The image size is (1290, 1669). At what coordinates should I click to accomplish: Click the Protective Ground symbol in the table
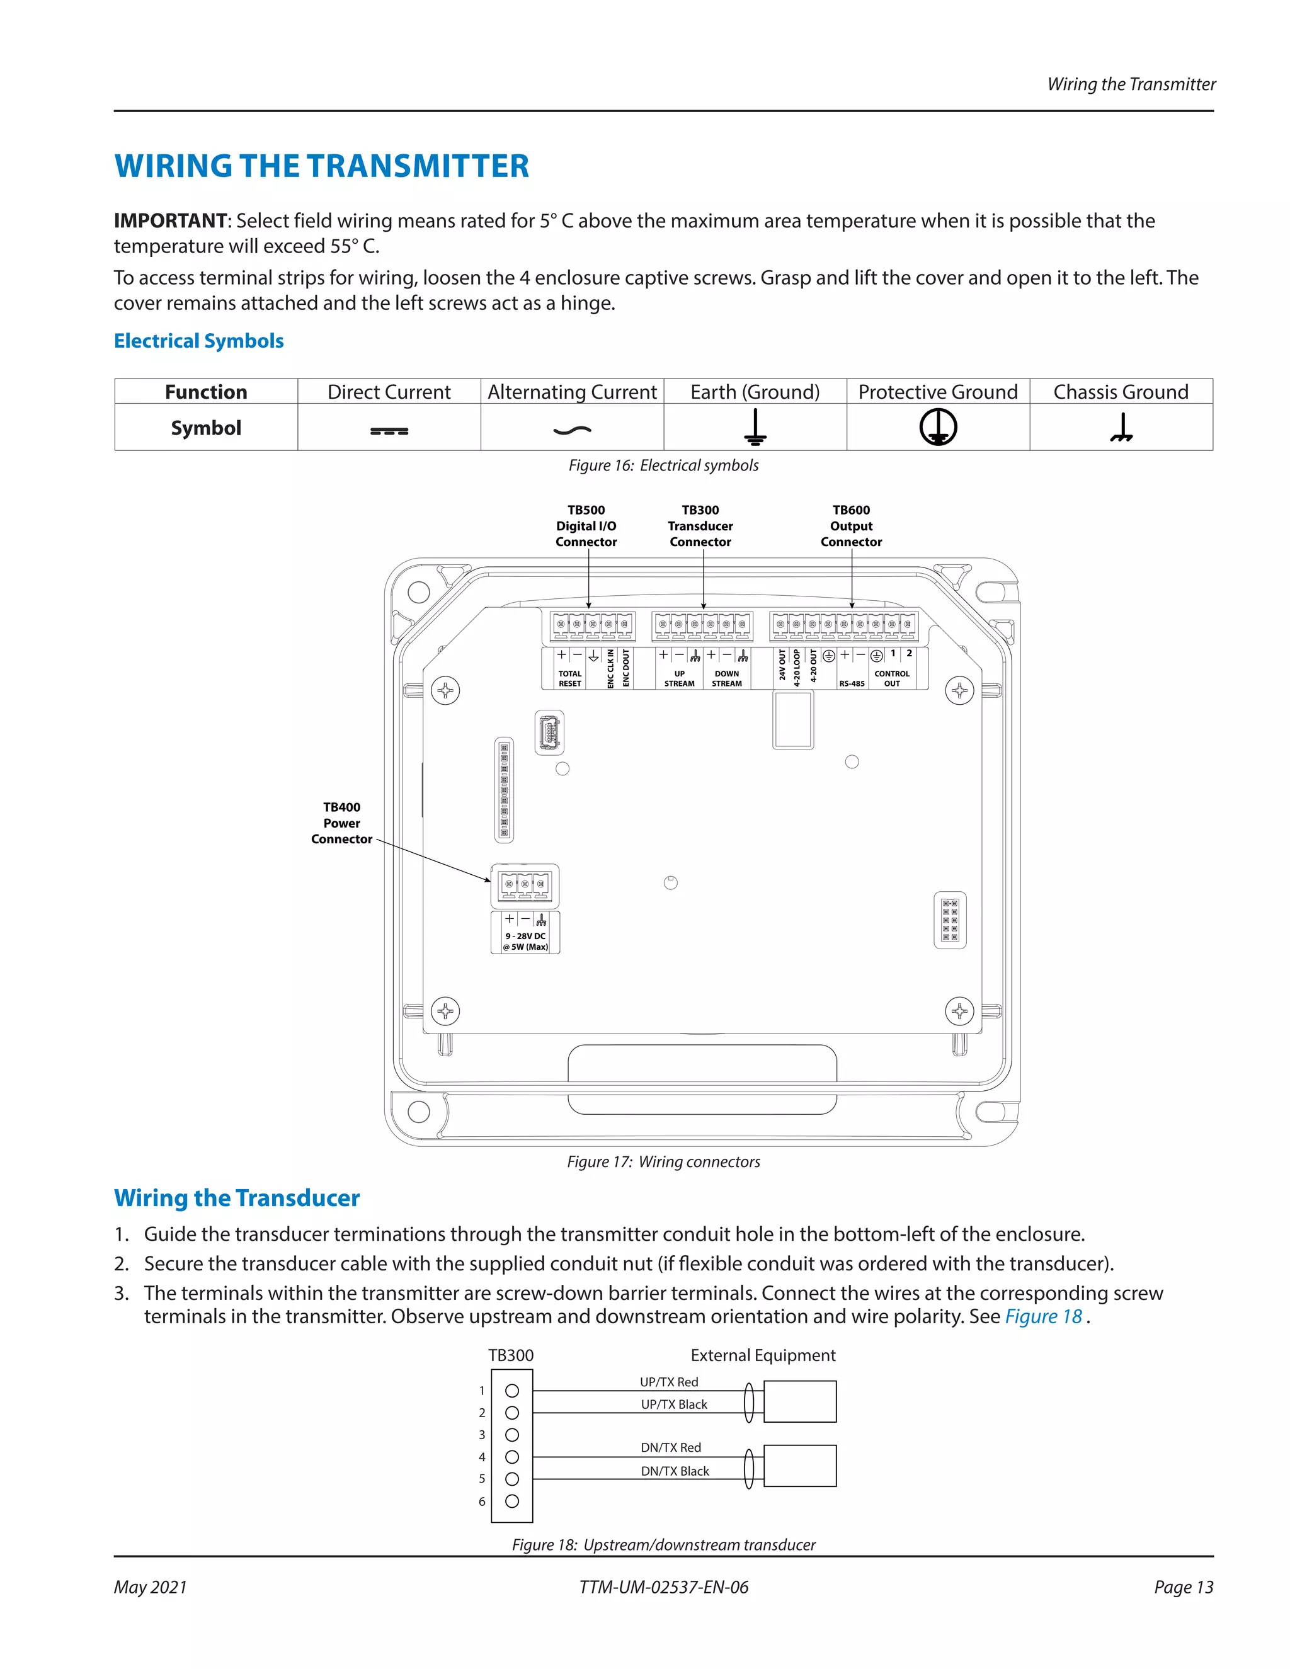938,426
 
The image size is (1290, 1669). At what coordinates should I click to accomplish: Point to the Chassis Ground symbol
1121,428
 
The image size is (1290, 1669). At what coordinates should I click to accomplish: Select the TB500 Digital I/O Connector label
586,526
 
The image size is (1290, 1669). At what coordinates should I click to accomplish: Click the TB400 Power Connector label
341,823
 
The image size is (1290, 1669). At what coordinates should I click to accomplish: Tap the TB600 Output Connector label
852,526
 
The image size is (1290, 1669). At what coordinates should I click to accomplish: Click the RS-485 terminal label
852,683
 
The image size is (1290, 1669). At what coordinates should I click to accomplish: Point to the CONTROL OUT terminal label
892,678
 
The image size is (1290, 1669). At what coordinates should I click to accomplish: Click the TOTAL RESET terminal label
570,678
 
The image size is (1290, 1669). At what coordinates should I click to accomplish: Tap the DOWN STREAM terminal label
727,678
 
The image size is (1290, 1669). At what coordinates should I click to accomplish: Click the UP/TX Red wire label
669,1382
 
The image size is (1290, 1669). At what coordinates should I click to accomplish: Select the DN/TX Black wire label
675,1471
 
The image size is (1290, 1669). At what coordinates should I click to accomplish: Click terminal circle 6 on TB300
512,1501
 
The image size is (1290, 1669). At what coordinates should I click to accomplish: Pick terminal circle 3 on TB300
512,1435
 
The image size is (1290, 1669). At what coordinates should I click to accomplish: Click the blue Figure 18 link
1043,1317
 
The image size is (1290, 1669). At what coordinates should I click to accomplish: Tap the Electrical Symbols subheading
198,341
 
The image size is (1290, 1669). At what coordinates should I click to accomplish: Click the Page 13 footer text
1183,1587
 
